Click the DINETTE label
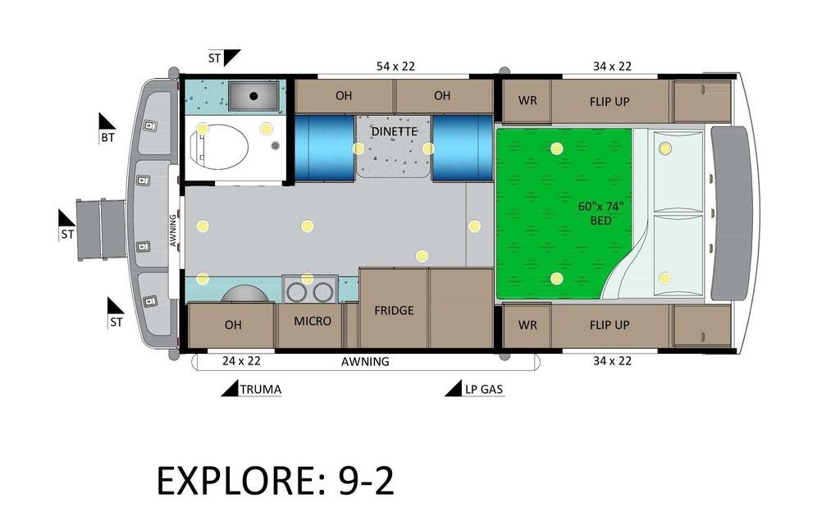(x=394, y=131)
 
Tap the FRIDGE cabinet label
(x=394, y=311)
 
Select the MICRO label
(x=313, y=321)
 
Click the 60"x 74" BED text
(x=600, y=213)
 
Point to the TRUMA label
(x=260, y=390)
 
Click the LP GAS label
(x=484, y=390)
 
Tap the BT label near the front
(x=107, y=138)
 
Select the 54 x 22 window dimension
(x=395, y=66)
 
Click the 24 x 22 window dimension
(x=241, y=361)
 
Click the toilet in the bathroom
(x=220, y=147)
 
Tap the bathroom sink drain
(x=253, y=96)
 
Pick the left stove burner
(x=295, y=292)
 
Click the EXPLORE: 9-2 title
(x=276, y=481)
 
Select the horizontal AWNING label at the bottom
(x=365, y=362)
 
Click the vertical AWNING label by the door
(x=173, y=231)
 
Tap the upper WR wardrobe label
(x=527, y=101)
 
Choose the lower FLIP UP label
(x=609, y=325)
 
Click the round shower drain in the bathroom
(x=276, y=145)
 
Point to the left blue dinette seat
(x=325, y=148)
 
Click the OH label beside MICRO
(x=233, y=325)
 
